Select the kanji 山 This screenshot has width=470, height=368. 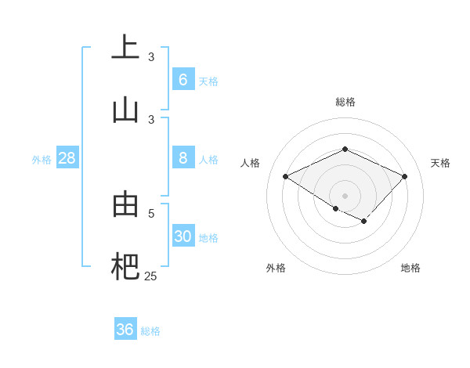tap(125, 109)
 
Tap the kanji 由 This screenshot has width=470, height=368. tap(125, 204)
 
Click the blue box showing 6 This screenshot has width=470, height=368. tap(183, 79)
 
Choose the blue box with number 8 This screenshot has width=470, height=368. tap(183, 158)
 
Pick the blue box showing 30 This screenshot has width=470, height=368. tap(183, 236)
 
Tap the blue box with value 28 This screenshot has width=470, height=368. tap(67, 158)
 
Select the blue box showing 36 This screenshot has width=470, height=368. tap(125, 330)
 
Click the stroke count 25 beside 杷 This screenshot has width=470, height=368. tap(150, 276)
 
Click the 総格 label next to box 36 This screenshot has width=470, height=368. tap(150, 331)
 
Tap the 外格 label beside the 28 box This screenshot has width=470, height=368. tap(42, 160)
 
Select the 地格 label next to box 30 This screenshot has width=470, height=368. tap(208, 238)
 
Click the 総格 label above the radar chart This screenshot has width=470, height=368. tap(345, 102)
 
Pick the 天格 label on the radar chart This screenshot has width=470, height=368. tap(440, 163)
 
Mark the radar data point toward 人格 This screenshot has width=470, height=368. tap(286, 177)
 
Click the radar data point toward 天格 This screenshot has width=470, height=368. tap(404, 176)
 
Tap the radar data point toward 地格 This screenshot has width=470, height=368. tap(364, 222)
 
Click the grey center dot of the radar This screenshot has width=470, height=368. tap(345, 196)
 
